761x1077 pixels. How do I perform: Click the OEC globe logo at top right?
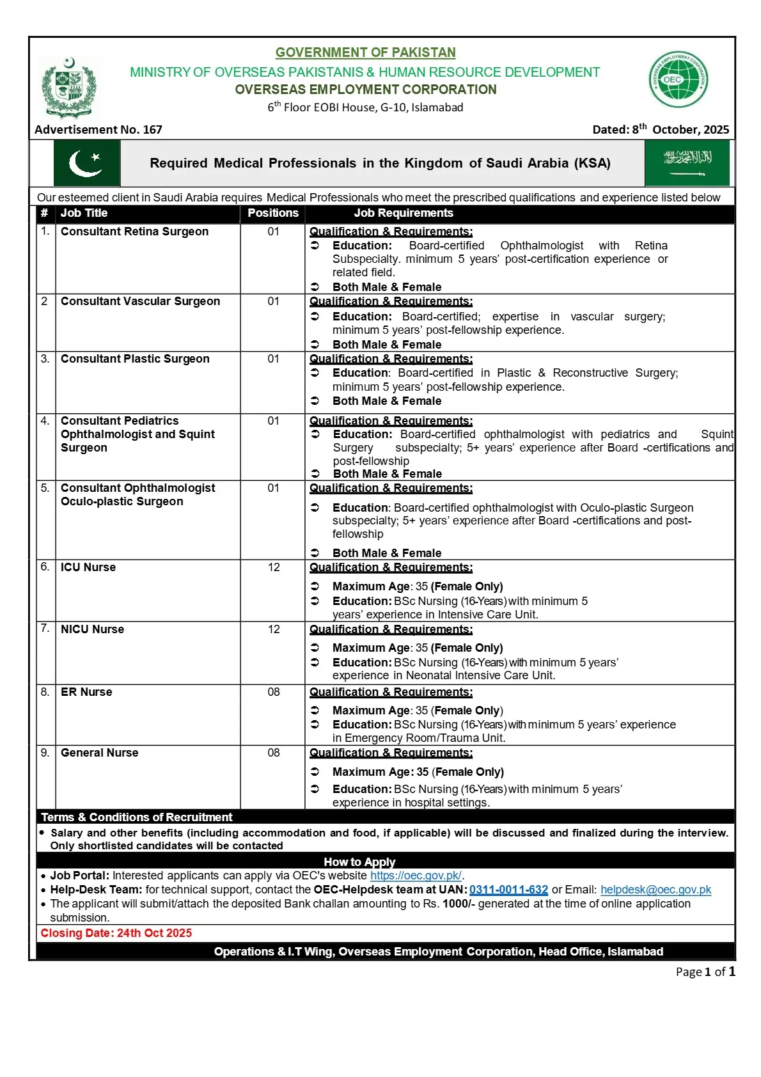point(678,80)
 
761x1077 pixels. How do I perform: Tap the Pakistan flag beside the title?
point(86,164)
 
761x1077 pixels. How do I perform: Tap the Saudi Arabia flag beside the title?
point(687,164)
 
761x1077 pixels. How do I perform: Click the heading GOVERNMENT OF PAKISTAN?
point(365,52)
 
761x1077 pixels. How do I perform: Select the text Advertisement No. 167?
point(98,130)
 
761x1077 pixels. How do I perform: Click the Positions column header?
point(273,213)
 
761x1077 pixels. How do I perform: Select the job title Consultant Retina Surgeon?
point(134,232)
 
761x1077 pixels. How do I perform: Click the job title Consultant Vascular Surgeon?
point(140,301)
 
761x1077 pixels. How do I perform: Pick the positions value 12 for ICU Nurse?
point(274,567)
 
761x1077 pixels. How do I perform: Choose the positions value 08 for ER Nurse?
point(274,692)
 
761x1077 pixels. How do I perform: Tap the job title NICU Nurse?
point(92,629)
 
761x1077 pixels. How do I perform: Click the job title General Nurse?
point(99,753)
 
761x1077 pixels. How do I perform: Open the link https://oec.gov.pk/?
point(416,876)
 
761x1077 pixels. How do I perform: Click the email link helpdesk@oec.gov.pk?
point(655,890)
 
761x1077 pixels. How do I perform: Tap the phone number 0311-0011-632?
point(508,890)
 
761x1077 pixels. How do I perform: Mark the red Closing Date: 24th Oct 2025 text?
point(116,933)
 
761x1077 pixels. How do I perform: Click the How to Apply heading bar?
point(359,861)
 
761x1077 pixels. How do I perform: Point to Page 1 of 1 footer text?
point(705,971)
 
